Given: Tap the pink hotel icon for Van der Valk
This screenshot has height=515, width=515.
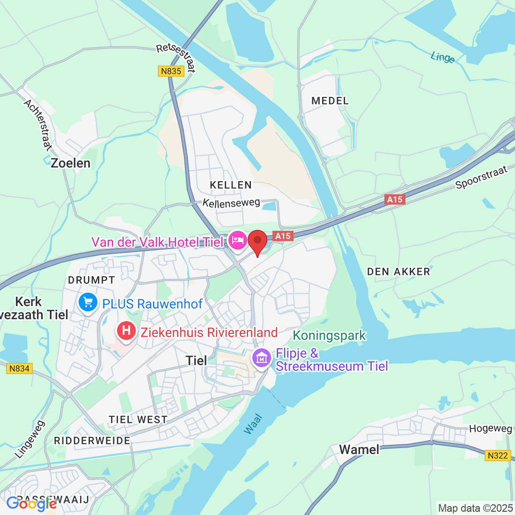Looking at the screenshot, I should click(x=238, y=241).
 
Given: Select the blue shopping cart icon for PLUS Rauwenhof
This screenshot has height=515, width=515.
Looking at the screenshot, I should click(x=88, y=302).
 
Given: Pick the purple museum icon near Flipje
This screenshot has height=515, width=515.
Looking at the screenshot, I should click(x=261, y=359).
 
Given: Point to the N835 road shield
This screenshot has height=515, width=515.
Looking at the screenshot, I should click(x=170, y=71).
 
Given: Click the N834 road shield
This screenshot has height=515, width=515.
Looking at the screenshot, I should click(x=19, y=368).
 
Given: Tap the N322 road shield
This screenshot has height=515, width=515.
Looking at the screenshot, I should click(x=497, y=456).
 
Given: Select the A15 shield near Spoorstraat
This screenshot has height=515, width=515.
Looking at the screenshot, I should click(x=395, y=199).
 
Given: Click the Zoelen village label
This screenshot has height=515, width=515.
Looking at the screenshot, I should click(x=71, y=163).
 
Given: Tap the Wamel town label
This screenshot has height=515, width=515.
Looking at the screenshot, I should click(x=359, y=449).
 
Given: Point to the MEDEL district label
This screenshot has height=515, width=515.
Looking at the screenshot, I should click(x=330, y=101).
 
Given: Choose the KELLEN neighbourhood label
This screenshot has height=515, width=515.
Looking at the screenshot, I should click(x=231, y=185).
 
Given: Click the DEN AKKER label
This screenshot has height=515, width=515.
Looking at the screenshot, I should click(x=398, y=272).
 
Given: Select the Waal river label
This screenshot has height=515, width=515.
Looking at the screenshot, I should click(x=253, y=424).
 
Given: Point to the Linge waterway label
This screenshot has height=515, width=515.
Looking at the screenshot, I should click(x=442, y=57).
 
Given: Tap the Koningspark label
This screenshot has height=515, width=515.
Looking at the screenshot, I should click(x=330, y=335).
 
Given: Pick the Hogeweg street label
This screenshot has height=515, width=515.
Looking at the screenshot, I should click(x=490, y=429).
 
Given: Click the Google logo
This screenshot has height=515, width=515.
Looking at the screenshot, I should click(x=31, y=504).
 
